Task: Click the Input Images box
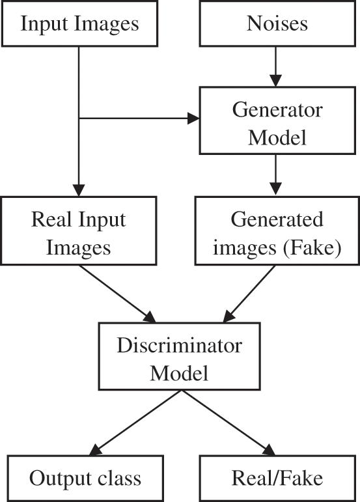pyautogui.click(x=79, y=24)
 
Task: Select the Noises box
pyautogui.click(x=277, y=24)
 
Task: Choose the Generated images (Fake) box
pyautogui.click(x=277, y=232)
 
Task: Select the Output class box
pyautogui.click(x=85, y=479)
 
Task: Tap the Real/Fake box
pyautogui.click(x=277, y=479)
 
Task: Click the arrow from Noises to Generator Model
pyautogui.click(x=277, y=67)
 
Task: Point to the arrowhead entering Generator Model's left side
pyautogui.click(x=193, y=119)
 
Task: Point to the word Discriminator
pyautogui.click(x=179, y=344)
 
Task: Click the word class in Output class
pyautogui.click(x=118, y=479)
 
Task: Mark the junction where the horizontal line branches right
pyautogui.click(x=78, y=119)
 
